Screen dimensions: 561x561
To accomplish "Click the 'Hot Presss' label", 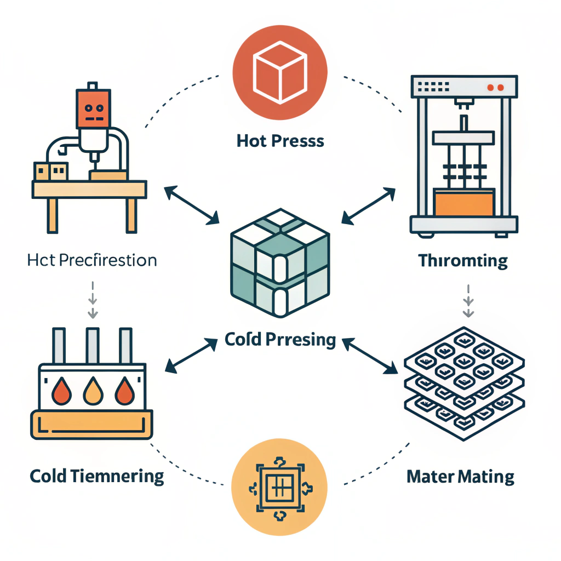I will point(280,141).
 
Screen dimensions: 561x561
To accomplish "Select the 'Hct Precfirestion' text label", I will point(92,259).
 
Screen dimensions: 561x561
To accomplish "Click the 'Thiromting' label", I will point(463,260).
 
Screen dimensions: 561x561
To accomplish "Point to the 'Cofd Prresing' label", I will point(280,340).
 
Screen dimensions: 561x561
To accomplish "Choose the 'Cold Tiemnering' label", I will point(97,476).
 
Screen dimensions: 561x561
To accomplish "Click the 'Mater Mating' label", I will point(460,476).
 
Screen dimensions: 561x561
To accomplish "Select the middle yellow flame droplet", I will point(91,392).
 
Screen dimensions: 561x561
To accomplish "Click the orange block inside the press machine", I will point(463,202).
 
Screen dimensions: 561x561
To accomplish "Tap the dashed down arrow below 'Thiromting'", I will point(468,300).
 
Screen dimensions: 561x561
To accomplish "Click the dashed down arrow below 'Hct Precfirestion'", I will point(93,300).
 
